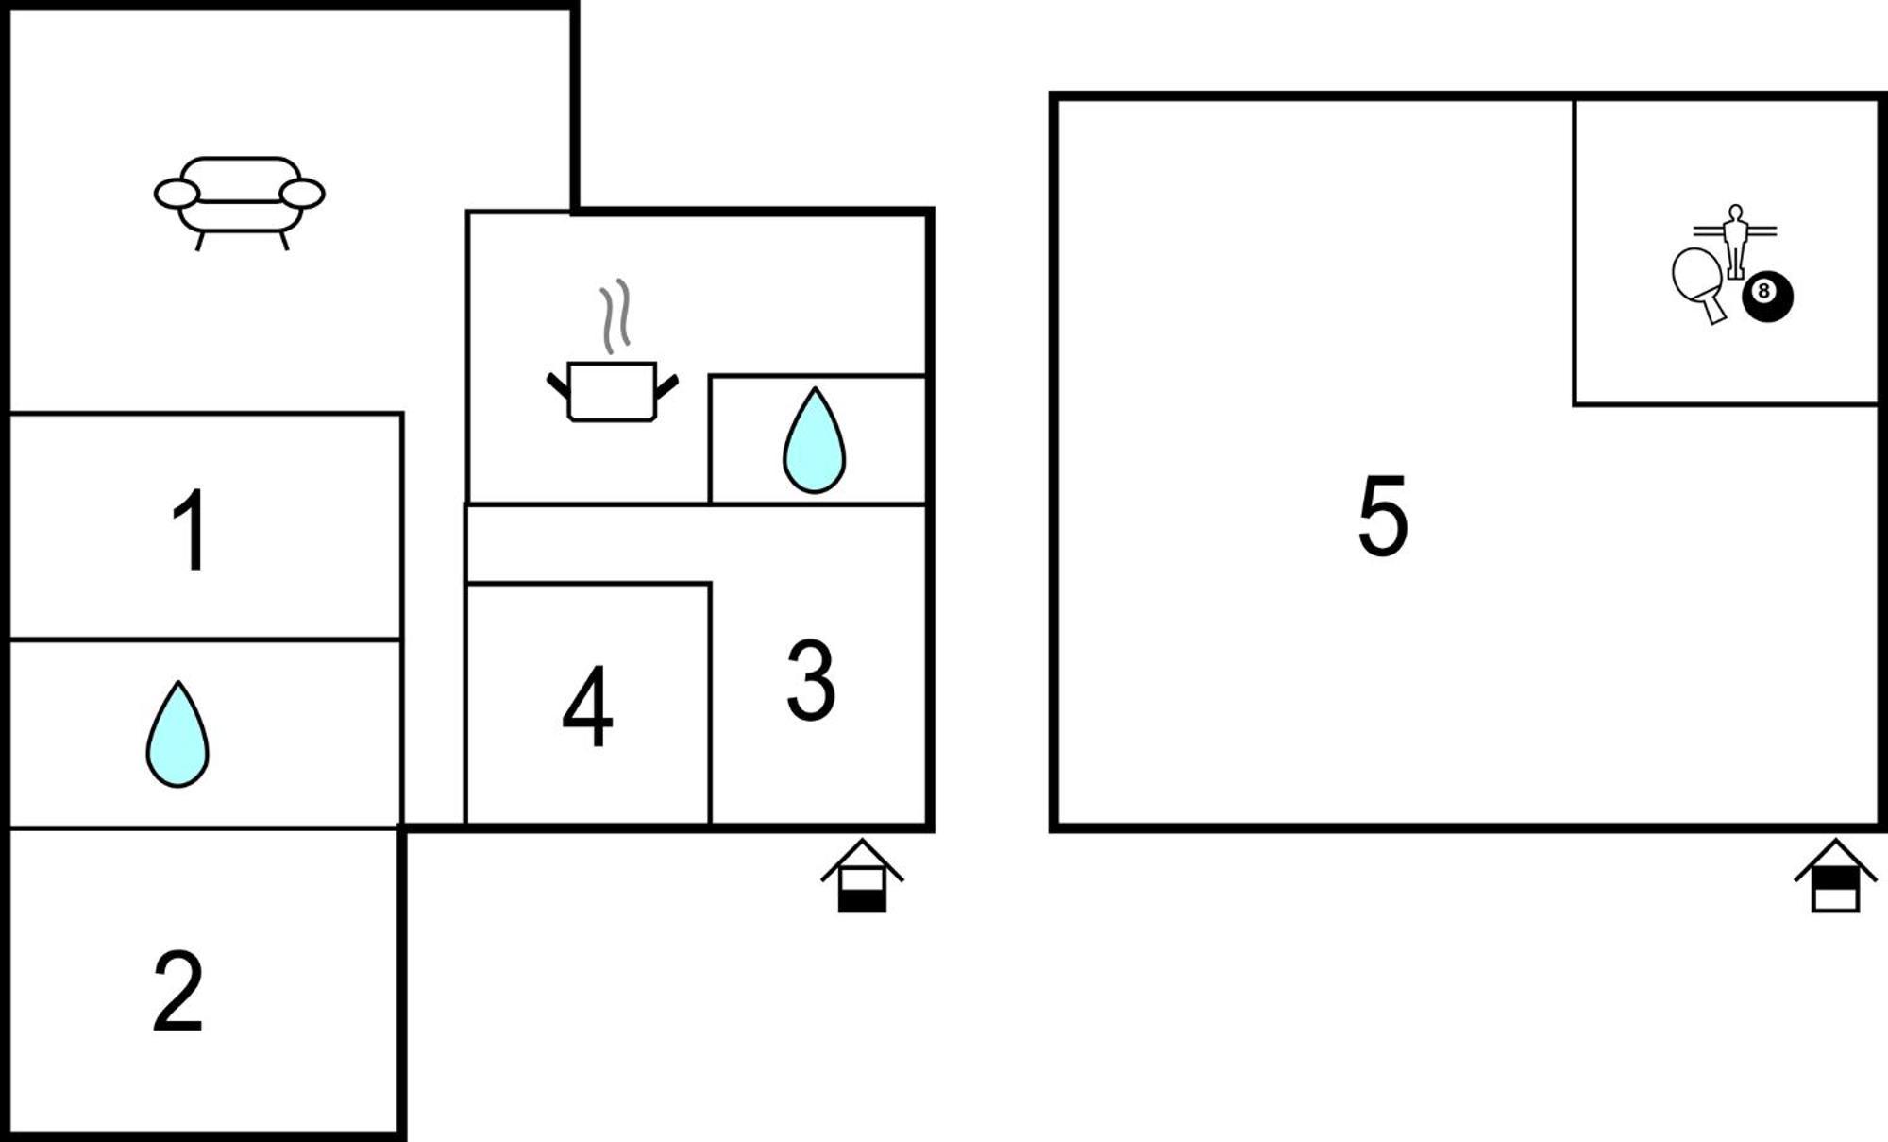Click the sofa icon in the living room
coord(240,203)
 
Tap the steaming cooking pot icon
coord(613,359)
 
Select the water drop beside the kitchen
coord(814,440)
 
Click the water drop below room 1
coord(177,734)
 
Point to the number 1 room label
coord(192,530)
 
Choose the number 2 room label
coord(178,991)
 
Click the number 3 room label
coord(811,680)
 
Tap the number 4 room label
coord(587,706)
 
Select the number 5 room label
coord(1383,516)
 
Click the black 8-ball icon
coord(1767,297)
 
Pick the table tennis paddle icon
coord(1699,284)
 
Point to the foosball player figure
coord(1735,242)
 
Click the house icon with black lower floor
coord(862,876)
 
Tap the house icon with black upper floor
coord(1835,876)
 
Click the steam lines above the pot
coord(615,315)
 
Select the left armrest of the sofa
coord(177,194)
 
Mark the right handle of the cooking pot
coord(666,386)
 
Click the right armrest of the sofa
coord(302,194)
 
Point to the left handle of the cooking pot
coord(559,386)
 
